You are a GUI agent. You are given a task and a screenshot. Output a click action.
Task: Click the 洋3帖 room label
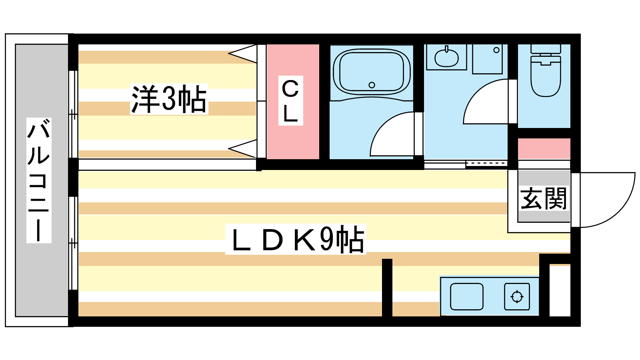pos(169,99)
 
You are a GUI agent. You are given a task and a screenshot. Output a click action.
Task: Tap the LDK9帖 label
pos(296,240)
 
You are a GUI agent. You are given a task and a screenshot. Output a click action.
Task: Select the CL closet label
pos(290,101)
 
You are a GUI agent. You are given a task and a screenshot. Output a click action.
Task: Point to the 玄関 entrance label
pos(544,198)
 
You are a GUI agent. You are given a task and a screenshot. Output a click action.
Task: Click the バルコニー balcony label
pos(39,180)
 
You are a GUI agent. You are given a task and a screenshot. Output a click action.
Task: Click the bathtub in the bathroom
pos(372,72)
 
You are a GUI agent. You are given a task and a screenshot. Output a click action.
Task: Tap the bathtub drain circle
pos(372,85)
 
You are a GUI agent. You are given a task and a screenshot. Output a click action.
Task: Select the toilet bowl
pos(545,78)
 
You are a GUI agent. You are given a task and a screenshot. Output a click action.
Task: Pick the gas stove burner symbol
pos(517,297)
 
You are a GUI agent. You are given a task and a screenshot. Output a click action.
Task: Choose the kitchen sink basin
pos(466,297)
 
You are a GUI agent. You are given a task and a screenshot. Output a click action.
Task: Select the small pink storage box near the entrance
pos(544,149)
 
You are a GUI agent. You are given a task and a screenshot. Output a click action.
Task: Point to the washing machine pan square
pos(487,59)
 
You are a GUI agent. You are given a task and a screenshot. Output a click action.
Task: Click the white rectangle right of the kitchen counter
pos(560,290)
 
